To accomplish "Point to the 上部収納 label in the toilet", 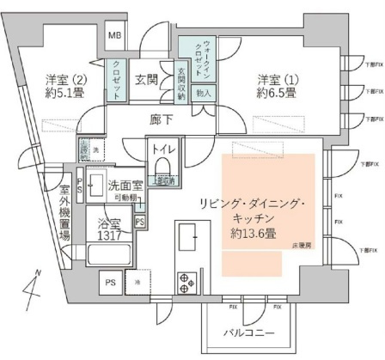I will pos(166,204).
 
